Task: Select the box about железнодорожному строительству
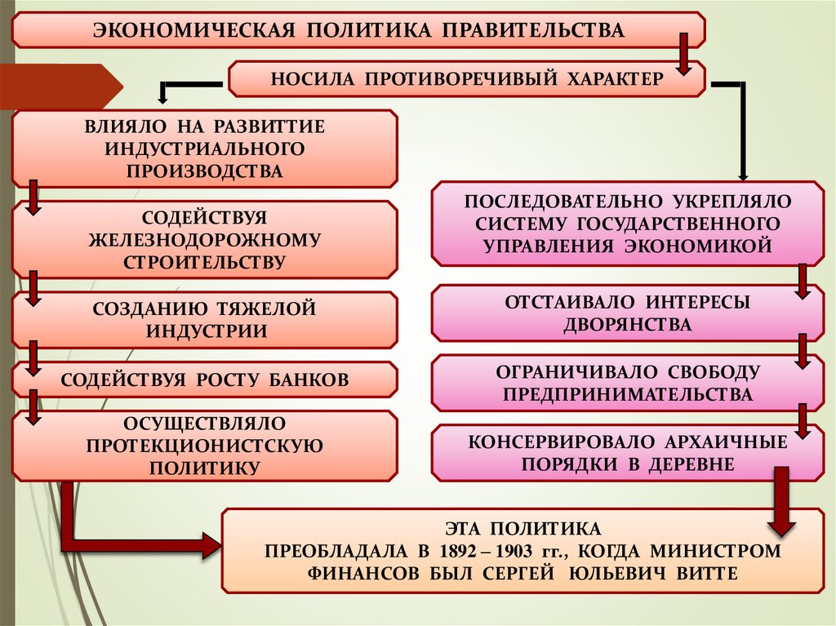tap(204, 240)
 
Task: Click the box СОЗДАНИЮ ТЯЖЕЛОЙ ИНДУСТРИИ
tap(204, 319)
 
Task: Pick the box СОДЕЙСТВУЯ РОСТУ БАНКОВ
tap(204, 380)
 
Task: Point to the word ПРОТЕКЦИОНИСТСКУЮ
tap(204, 446)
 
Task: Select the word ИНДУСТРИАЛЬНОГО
tap(204, 149)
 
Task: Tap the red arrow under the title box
tap(683, 55)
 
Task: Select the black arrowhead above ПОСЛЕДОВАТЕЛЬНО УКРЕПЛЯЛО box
tap(743, 173)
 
